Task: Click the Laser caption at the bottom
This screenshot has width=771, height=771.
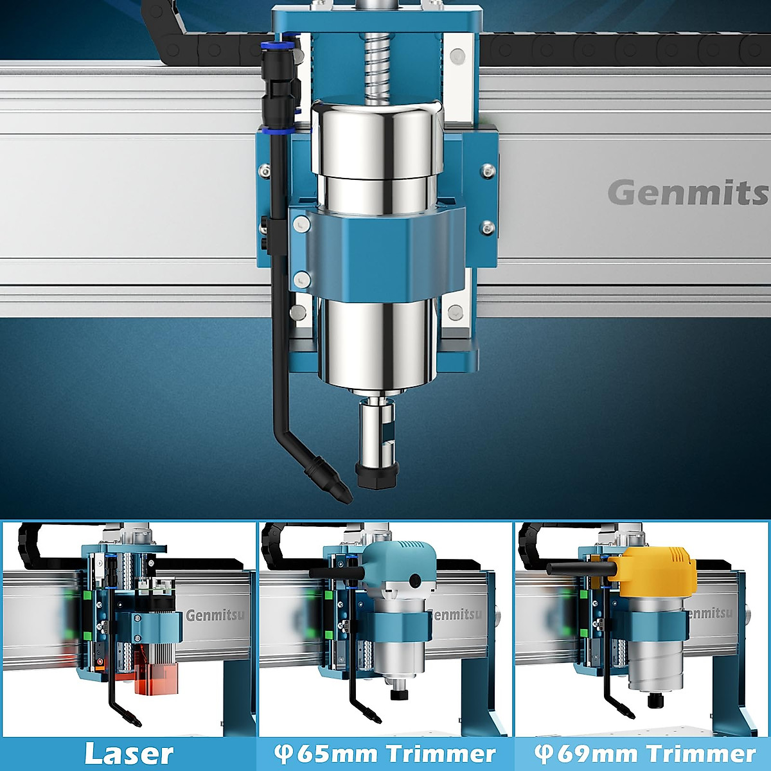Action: tap(128, 754)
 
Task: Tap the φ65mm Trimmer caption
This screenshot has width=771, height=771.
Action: tap(385, 754)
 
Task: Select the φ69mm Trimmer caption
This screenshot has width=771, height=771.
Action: tap(644, 754)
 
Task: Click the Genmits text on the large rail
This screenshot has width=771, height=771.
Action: tap(687, 193)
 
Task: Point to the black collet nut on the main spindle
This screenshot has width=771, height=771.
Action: tap(377, 475)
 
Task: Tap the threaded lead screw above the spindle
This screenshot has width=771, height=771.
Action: tap(378, 64)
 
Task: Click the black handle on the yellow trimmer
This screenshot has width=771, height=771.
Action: tap(578, 567)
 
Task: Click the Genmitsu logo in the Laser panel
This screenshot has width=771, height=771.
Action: tap(215, 616)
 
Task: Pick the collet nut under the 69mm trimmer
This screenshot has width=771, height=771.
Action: tap(656, 699)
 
